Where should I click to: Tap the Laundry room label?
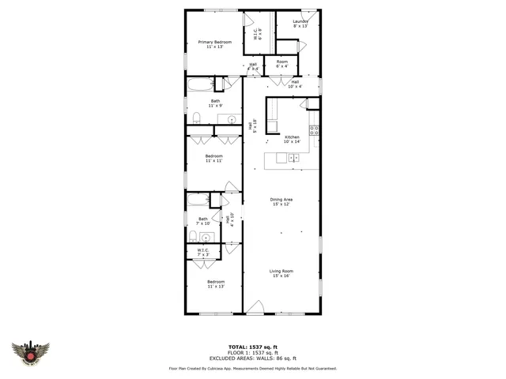point(300,24)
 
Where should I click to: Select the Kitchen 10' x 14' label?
point(293,139)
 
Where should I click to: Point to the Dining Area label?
point(281,201)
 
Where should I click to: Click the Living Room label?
point(281,273)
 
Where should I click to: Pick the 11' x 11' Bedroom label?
point(214,158)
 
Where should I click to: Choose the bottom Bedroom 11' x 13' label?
point(216,284)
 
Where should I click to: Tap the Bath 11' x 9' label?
point(215,103)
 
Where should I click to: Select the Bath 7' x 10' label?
point(203,221)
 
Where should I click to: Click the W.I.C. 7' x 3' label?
point(203,252)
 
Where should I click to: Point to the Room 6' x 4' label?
point(281,63)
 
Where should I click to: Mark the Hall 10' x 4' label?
point(295,84)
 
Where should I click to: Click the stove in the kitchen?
point(315,130)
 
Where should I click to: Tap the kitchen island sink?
point(293,158)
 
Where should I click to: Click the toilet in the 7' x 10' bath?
point(193,236)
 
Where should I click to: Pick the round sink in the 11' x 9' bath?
point(232,119)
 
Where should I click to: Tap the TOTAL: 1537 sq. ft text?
point(253,347)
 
